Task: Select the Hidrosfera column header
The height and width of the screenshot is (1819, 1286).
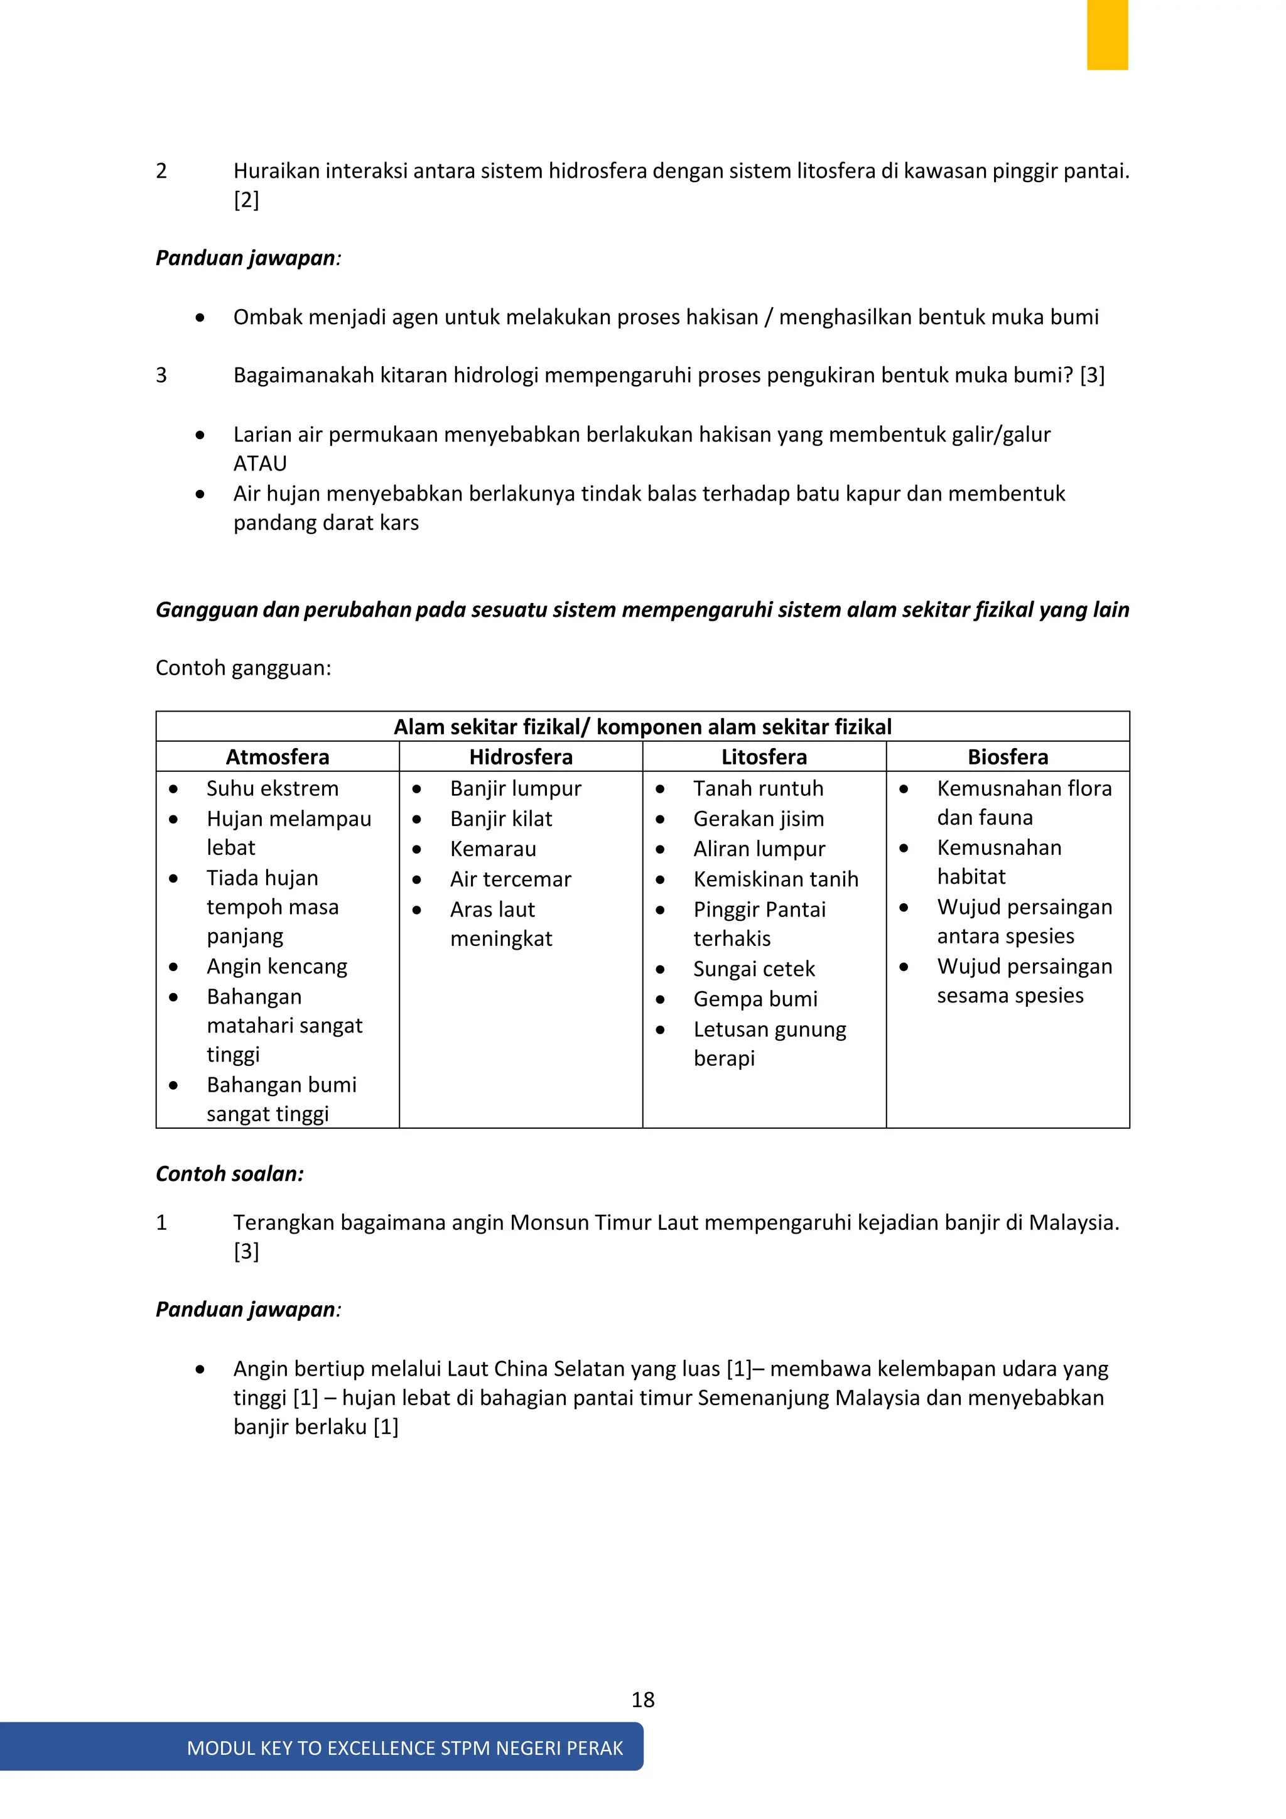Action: tap(521, 757)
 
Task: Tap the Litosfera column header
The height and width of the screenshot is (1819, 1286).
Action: tap(764, 757)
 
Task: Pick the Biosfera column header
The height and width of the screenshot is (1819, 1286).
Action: tap(1007, 757)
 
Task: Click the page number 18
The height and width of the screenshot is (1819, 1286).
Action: tap(642, 1700)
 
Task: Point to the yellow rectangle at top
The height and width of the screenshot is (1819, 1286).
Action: tap(1106, 34)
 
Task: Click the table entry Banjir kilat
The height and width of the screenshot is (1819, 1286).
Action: tap(500, 818)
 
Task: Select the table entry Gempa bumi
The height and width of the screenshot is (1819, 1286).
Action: tap(755, 999)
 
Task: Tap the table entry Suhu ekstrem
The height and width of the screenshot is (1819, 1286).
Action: tap(273, 788)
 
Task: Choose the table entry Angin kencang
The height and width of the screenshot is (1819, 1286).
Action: tap(276, 967)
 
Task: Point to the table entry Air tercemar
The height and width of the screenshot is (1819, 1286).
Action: tap(510, 879)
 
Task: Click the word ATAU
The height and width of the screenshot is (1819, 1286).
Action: tap(260, 464)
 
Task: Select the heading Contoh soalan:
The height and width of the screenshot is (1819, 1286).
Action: tap(230, 1173)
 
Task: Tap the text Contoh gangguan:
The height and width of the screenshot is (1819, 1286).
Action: tap(243, 668)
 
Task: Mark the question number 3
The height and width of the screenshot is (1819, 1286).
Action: tap(161, 375)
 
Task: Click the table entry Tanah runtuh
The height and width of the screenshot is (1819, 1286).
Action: tap(758, 788)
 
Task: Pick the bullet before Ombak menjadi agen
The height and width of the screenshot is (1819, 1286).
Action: tap(200, 318)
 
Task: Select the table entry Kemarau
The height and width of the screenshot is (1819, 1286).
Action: tap(492, 849)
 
